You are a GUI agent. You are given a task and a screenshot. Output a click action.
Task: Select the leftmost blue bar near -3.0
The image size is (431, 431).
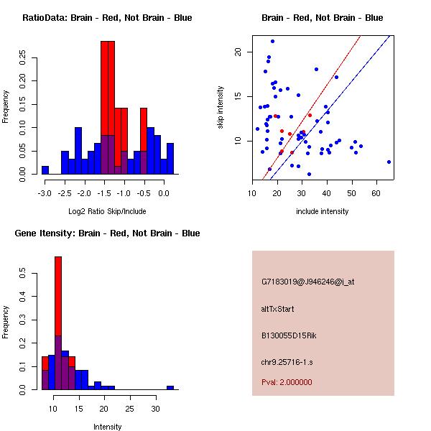[45, 170]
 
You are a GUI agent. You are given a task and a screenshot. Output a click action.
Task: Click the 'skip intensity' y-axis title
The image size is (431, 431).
[221, 108]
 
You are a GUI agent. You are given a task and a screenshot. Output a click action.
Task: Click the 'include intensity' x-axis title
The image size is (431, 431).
[322, 212]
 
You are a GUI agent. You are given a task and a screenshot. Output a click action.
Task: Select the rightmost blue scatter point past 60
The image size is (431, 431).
[389, 162]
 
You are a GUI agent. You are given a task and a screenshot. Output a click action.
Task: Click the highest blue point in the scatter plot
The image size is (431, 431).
[272, 41]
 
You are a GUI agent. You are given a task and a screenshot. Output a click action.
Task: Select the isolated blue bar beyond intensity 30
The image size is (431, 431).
[170, 387]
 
